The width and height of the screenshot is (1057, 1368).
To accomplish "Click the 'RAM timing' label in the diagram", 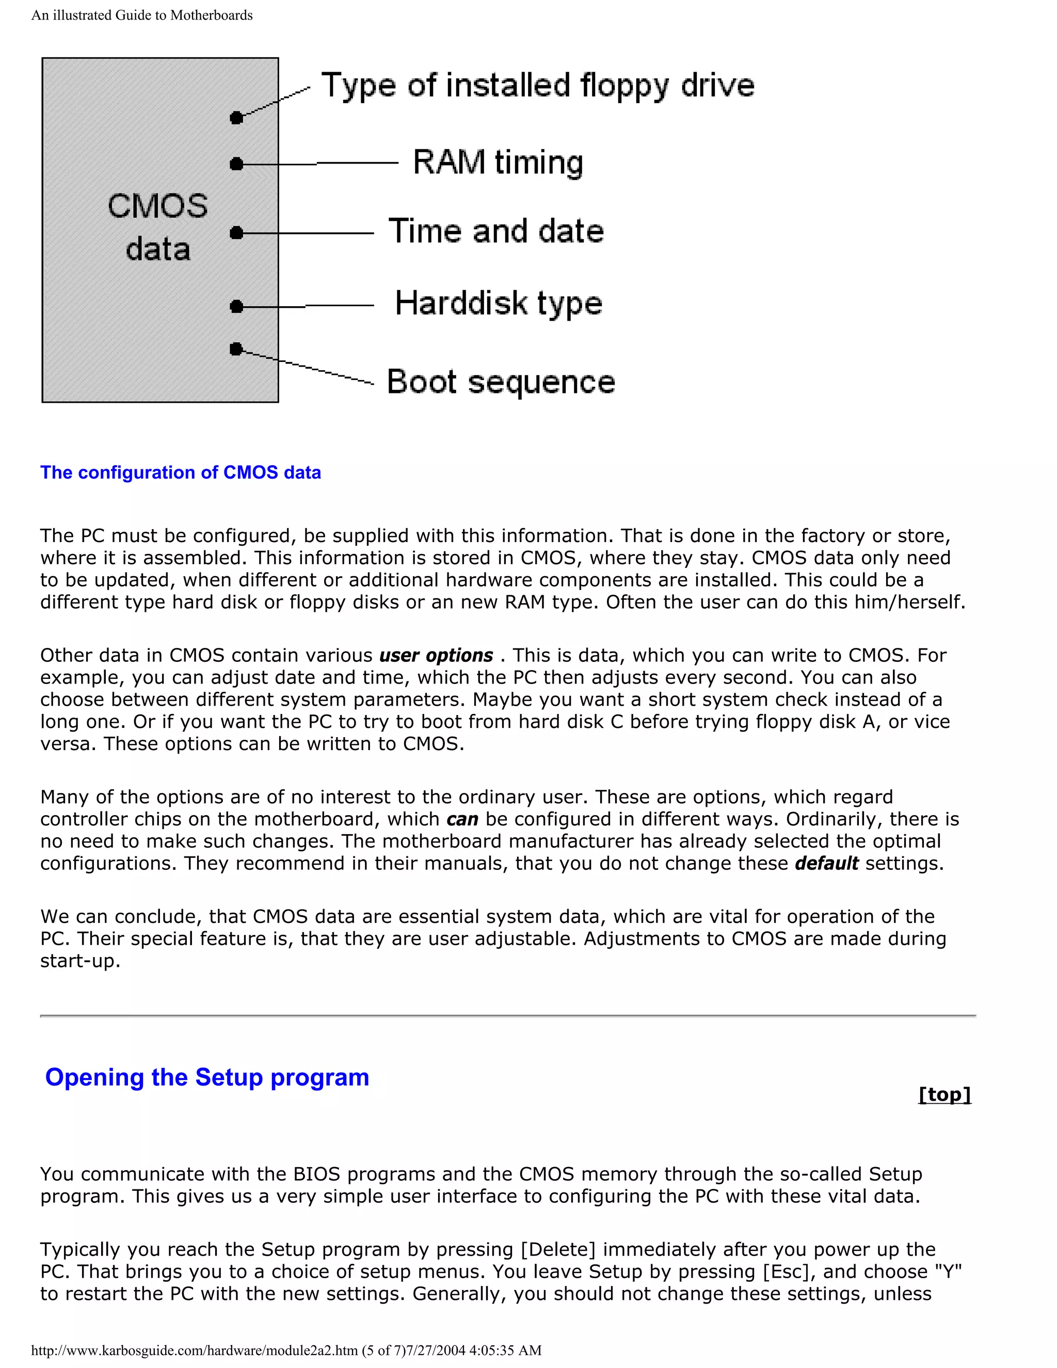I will pos(498,162).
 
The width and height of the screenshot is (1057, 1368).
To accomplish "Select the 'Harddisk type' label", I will pos(499,304).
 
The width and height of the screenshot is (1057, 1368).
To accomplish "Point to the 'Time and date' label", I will pos(496,231).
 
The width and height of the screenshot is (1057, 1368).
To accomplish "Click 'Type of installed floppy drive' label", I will pos(537,86).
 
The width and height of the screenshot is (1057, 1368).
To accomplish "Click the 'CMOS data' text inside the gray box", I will pos(158,227).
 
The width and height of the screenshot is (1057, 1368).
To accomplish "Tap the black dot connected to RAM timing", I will pos(236,164).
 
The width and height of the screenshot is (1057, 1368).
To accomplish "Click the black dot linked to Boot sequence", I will pos(236,349).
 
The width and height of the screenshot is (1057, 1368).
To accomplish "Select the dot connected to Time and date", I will pos(236,233).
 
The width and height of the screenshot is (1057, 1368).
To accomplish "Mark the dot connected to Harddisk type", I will pos(236,306).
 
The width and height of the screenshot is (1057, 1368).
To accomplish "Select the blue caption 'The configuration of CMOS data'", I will pos(180,472).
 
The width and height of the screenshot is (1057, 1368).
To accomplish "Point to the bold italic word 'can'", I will pos(462,819).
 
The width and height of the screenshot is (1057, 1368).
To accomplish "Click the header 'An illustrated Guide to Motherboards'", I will pos(142,15).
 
